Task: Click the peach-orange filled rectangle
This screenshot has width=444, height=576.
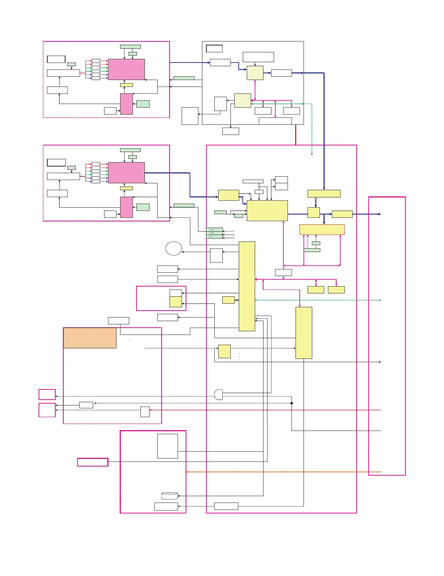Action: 90,338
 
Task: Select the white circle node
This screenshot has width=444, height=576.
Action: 174,248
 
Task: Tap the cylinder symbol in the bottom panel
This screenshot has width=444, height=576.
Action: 170,496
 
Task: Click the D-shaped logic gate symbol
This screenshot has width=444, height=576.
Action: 218,395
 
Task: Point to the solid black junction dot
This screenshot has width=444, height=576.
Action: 292,403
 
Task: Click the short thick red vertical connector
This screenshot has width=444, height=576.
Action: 296,135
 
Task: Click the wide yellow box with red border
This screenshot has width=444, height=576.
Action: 322,229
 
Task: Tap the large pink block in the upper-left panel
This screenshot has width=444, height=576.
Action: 126,69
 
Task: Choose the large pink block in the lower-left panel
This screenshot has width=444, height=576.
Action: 126,173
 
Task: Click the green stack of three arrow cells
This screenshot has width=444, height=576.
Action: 214,233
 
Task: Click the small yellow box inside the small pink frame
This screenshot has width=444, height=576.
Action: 176,302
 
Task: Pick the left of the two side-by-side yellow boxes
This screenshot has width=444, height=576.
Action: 316,290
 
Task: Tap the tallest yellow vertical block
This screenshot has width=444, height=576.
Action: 247,286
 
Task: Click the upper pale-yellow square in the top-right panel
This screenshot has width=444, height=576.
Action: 255,73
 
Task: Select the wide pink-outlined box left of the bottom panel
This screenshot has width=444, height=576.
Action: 93,462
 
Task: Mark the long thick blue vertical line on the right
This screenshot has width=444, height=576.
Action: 324,131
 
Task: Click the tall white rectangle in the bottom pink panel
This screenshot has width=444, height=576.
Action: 167,446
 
